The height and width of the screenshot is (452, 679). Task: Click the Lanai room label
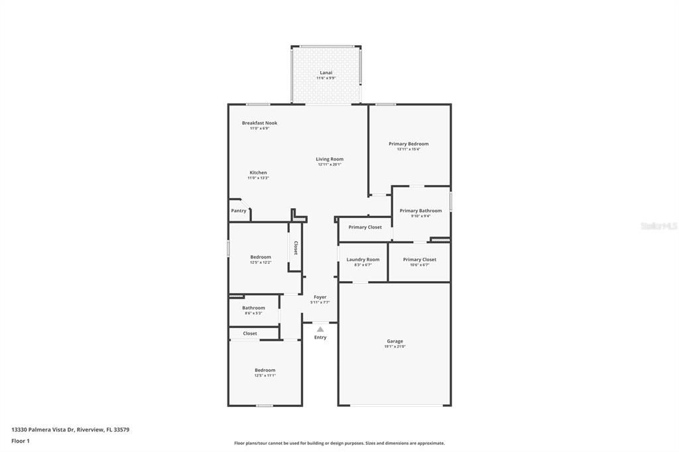[x=326, y=72]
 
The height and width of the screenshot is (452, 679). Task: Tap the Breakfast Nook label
[x=259, y=123]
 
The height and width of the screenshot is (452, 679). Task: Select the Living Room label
[x=329, y=159]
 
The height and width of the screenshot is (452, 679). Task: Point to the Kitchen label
[x=258, y=172]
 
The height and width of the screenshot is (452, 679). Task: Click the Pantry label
[x=239, y=211]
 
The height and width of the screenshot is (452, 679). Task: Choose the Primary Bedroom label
[x=408, y=144]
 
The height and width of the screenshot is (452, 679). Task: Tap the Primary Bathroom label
[x=420, y=211]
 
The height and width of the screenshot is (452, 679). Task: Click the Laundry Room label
[x=363, y=259]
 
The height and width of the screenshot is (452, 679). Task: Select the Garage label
[x=395, y=341]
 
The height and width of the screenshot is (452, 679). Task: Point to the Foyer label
[x=320, y=297]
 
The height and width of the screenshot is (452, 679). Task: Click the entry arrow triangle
[x=320, y=329]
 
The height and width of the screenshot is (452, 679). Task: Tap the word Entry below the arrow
[x=320, y=337]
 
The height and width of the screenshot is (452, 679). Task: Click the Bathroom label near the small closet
[x=253, y=308]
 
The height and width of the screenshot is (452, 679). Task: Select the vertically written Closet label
[x=296, y=248]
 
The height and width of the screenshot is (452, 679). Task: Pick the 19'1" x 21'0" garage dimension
[x=395, y=347]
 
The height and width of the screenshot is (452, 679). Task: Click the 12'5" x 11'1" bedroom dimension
[x=265, y=376]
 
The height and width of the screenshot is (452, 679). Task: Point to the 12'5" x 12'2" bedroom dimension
[x=260, y=262]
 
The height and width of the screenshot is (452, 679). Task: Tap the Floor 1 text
[x=21, y=441]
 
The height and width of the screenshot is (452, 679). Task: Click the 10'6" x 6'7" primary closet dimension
[x=420, y=265]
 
